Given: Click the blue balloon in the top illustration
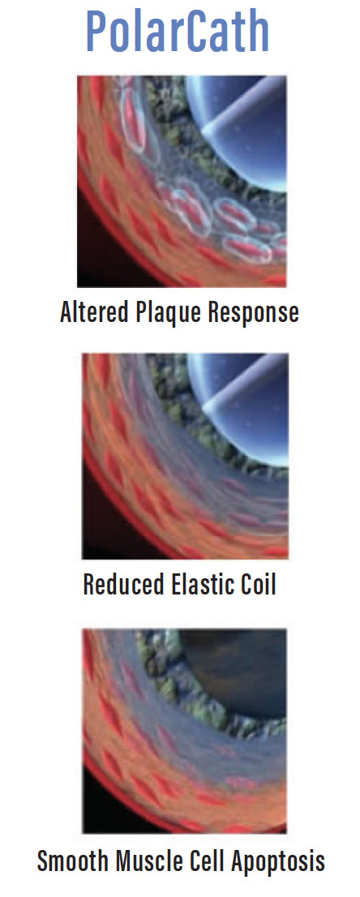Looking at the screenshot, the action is pos(246,126).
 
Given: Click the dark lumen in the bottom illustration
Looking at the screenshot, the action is pos(240,675).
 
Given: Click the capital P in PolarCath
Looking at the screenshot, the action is pos(98,32).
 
